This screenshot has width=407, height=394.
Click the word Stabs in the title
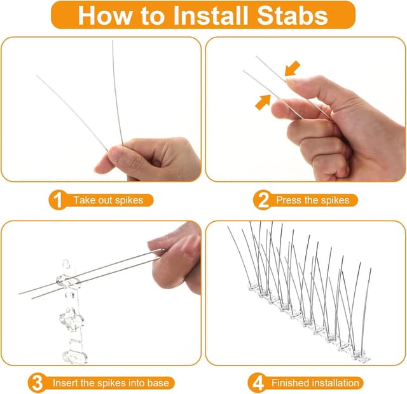293,15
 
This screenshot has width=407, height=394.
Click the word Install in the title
210,15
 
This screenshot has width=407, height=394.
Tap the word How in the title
104,15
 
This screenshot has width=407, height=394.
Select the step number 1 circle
58,200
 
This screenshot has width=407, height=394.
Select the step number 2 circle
263,200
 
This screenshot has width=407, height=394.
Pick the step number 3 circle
37,383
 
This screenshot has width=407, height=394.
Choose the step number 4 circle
257,383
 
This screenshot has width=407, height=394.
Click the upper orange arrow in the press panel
292,69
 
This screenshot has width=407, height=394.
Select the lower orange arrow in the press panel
263,102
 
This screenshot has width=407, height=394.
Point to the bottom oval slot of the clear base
74,357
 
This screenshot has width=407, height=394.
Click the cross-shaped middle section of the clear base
72,318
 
